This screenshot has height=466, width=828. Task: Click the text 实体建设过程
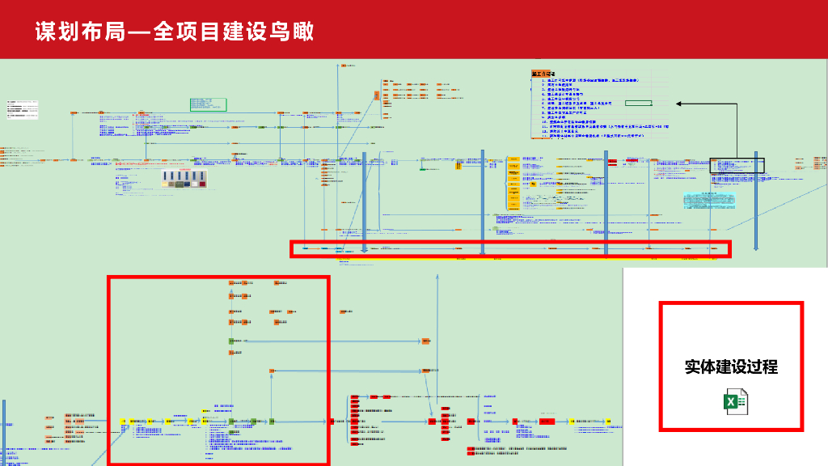731,366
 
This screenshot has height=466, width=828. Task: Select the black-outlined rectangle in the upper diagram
737,165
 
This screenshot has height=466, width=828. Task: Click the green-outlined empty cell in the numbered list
638,104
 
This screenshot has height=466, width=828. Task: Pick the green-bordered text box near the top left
208,104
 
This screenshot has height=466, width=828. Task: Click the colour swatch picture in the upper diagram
184,179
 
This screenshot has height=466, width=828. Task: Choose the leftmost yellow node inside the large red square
124,422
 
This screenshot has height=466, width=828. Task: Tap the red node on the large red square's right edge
331,422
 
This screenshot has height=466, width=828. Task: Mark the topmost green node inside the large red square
231,341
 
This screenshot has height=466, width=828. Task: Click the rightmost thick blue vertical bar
755,201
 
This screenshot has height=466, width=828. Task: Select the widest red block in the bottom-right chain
548,422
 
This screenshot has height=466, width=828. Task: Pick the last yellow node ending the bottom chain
609,422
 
